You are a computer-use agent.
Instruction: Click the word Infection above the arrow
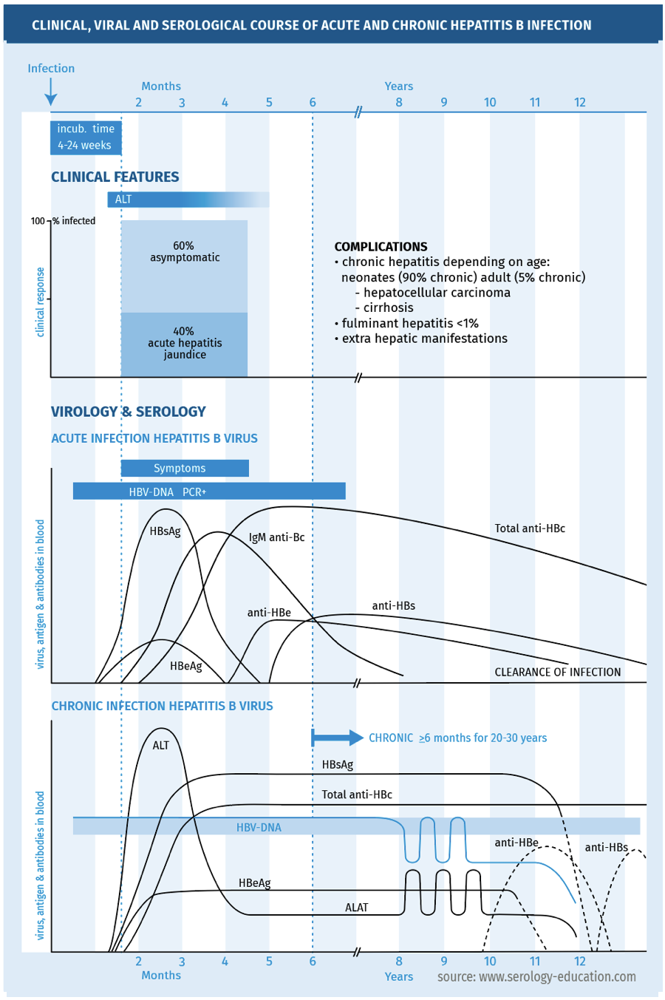click(x=51, y=69)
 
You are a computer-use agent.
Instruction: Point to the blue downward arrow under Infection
click(x=50, y=92)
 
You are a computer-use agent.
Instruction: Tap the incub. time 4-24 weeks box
click(x=86, y=137)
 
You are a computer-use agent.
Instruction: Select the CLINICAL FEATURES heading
click(x=115, y=177)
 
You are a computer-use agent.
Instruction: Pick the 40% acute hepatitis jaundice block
click(x=184, y=344)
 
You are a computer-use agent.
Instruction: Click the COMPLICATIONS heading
click(x=381, y=247)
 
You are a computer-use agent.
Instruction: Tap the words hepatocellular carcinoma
click(x=437, y=293)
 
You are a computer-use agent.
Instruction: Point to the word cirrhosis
click(x=388, y=308)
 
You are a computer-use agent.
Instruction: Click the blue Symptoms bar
click(x=185, y=469)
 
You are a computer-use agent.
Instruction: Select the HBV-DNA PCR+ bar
click(x=209, y=492)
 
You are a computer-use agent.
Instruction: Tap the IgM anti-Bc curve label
click(x=276, y=537)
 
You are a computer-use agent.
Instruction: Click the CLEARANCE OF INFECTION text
click(x=557, y=673)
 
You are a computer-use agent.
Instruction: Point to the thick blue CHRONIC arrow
click(x=337, y=738)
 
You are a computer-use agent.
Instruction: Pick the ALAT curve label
click(x=356, y=908)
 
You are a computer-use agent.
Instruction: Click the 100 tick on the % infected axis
click(x=38, y=221)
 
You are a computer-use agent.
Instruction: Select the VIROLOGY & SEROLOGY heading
click(x=128, y=412)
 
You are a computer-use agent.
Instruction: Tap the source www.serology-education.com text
click(x=536, y=977)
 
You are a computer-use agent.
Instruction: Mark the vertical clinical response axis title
click(x=40, y=302)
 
